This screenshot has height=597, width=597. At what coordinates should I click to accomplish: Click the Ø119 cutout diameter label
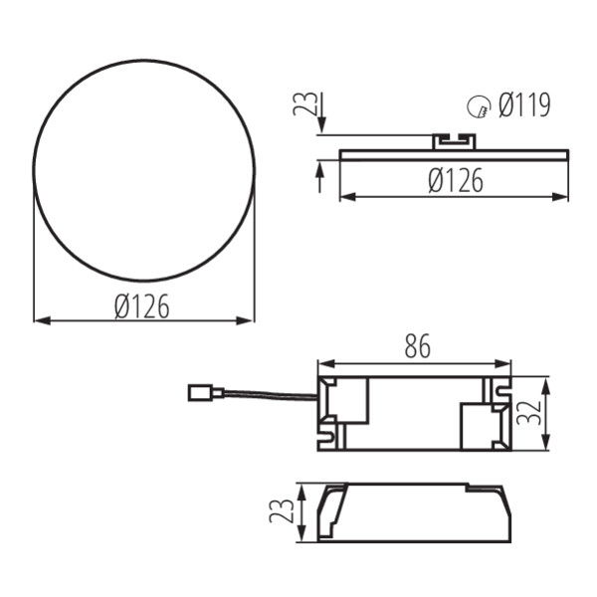[524, 104]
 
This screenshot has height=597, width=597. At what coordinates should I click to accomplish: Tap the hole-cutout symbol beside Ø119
[479, 105]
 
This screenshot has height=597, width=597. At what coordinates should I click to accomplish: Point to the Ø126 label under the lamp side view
[456, 180]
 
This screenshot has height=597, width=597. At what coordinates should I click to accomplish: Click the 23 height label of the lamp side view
[304, 104]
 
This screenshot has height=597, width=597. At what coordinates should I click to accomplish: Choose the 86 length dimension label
[417, 347]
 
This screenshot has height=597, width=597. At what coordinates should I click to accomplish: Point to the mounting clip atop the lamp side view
[454, 140]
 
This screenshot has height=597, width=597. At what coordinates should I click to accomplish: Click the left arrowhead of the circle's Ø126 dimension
[39, 320]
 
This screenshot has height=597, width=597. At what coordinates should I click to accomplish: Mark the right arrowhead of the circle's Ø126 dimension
[250, 320]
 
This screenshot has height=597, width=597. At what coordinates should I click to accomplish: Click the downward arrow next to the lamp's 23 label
[319, 123]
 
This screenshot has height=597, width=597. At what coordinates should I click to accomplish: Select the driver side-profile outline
[413, 512]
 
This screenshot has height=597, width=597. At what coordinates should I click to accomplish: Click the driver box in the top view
[414, 412]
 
